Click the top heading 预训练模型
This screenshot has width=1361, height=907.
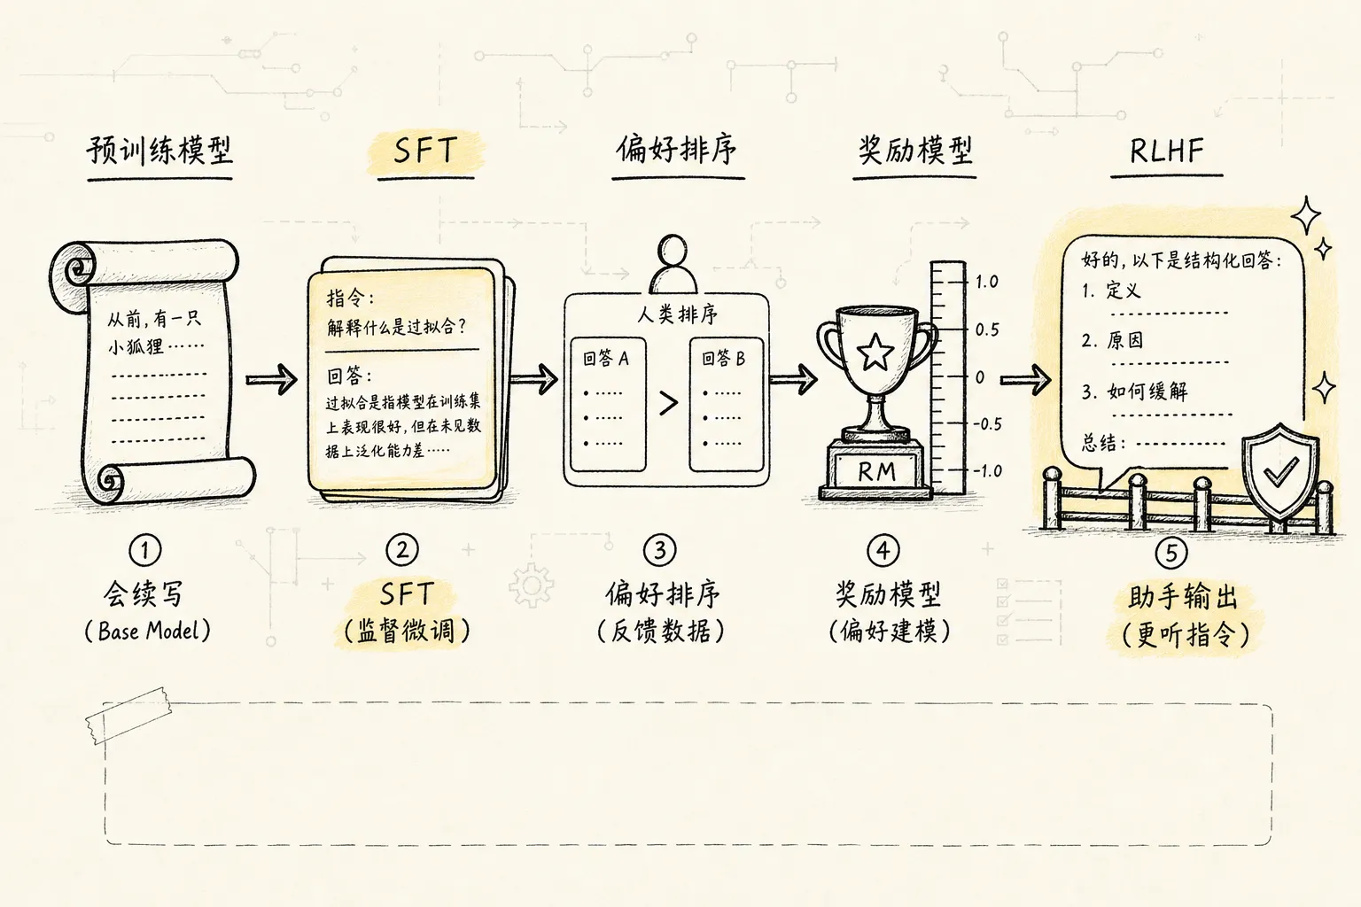pos(159,151)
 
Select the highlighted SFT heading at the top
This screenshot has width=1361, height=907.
pos(424,150)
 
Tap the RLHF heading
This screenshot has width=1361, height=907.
pos(1167,151)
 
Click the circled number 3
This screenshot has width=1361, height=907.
pos(659,550)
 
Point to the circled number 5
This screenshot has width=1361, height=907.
pos(1170,553)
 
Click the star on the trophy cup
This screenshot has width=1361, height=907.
pos(875,352)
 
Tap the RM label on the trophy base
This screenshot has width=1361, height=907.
pos(876,471)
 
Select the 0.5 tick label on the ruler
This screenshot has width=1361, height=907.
pos(987,329)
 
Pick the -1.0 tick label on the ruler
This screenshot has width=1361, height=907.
pos(987,471)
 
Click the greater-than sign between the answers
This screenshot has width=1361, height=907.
pos(668,403)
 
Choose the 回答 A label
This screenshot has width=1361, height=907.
pos(606,359)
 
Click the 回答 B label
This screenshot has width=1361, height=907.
pos(723,359)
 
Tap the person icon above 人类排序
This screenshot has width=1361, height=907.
pos(673,265)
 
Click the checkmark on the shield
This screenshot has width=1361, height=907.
pos(1280,472)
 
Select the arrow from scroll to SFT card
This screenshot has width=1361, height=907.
pos(272,380)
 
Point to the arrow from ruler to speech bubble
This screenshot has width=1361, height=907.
pos(1025,380)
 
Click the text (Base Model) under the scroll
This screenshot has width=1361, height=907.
pos(148,632)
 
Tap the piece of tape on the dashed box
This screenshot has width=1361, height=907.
pos(128,715)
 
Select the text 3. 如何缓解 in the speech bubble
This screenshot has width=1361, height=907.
pos(1134,391)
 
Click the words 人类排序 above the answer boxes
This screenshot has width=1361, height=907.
pos(678,314)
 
